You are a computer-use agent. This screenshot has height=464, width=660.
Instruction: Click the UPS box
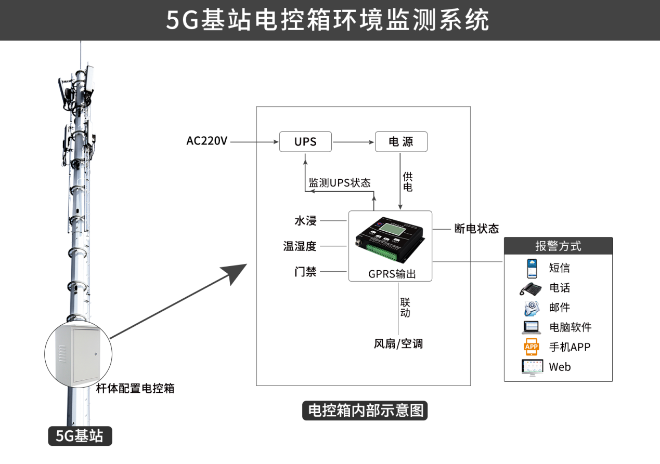305,142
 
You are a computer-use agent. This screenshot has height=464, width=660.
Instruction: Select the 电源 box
401,142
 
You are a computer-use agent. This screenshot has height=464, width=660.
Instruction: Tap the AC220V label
207,141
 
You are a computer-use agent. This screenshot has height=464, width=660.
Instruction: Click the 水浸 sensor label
305,220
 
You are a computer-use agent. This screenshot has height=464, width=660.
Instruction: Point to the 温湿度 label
300,246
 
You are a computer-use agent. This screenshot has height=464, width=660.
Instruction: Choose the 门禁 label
305,271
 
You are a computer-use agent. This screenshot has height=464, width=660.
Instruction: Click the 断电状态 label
476,229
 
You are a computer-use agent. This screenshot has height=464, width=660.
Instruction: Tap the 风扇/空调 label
398,343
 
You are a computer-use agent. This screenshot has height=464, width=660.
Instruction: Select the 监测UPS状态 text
340,183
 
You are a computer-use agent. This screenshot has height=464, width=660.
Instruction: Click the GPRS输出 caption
392,274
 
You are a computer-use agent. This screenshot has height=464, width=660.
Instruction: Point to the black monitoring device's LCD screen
392,230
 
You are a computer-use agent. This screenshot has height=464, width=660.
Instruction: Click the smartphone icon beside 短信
532,268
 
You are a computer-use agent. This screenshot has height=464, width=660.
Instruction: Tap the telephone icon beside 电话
530,289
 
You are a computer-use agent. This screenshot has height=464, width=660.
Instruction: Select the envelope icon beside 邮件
532,308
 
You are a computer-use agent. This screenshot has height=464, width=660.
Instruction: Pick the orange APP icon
532,347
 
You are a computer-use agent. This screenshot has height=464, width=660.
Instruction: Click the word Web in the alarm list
560,367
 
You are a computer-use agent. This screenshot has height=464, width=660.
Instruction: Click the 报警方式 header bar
558,246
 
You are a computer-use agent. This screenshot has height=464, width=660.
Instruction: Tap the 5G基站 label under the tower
80,436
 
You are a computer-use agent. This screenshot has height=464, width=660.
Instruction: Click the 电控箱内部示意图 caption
365,410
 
